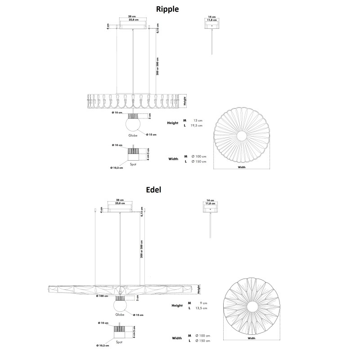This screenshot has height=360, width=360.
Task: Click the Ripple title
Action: point(167,9)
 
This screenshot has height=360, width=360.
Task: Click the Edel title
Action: point(153,189)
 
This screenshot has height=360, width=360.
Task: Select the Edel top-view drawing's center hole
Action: point(251,306)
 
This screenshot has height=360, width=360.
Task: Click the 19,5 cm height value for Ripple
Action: point(196,126)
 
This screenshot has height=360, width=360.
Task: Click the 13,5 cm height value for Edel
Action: point(201,308)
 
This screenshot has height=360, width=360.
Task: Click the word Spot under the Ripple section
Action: point(133,165)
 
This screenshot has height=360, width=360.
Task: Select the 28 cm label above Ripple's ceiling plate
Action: point(133,17)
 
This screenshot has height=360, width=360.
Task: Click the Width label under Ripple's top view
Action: point(242,166)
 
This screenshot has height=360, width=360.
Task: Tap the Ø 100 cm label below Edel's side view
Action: point(103,296)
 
